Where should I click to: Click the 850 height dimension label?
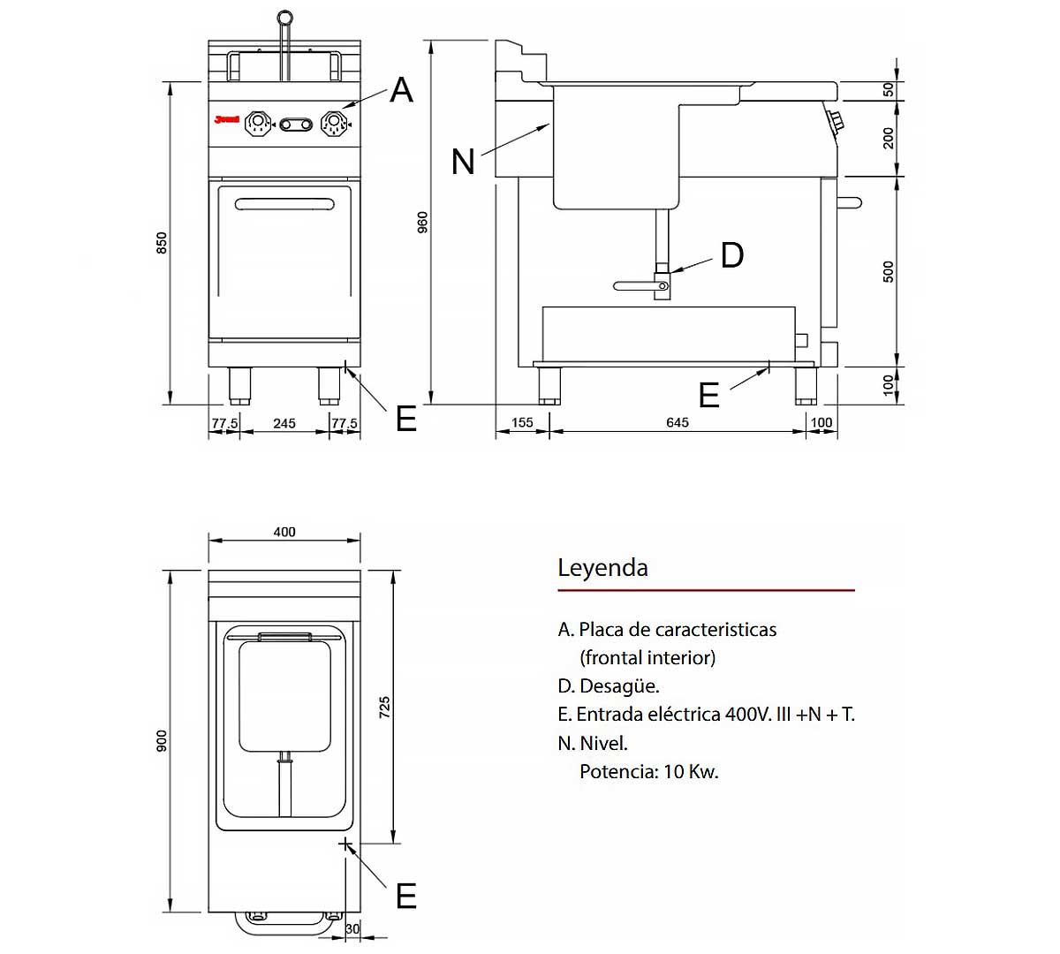point(162,243)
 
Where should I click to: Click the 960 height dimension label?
point(422,222)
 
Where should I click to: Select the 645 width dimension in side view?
point(677,422)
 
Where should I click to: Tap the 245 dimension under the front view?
point(284,423)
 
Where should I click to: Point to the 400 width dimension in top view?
point(284,532)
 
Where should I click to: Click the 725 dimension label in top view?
point(384,707)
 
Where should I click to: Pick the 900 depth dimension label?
point(162,741)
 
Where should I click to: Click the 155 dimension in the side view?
point(522,422)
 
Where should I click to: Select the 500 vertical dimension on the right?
point(889,271)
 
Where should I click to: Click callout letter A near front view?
point(401,90)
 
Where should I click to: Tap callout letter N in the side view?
point(463,162)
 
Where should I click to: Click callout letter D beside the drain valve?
point(731,255)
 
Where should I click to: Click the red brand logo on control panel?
point(227,120)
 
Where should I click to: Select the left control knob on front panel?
point(257,124)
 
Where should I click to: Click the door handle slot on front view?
point(284,205)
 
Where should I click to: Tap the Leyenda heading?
point(602,567)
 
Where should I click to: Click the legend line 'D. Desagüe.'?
point(609,686)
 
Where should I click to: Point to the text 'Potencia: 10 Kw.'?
point(648,771)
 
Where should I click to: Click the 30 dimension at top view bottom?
point(352,928)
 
